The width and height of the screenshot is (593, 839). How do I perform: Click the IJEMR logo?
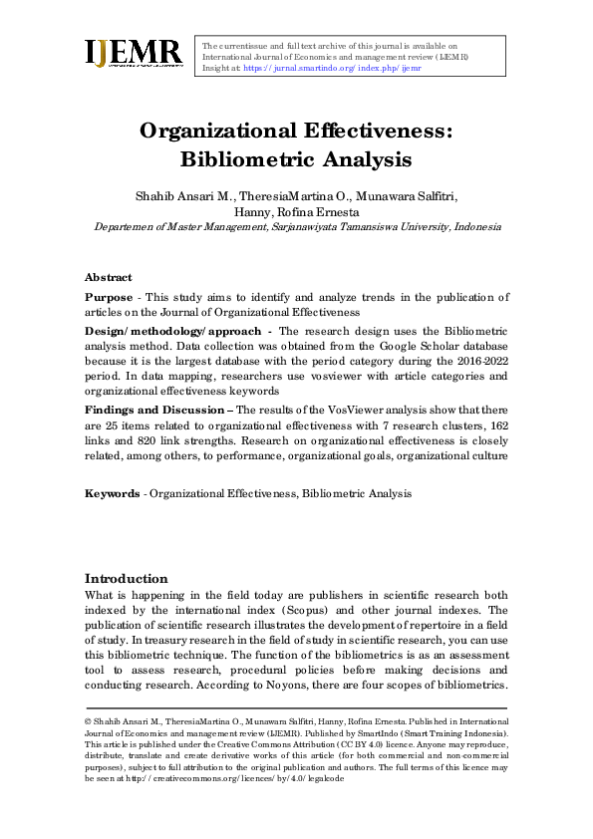(134, 54)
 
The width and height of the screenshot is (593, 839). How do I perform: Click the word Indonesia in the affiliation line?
(476, 226)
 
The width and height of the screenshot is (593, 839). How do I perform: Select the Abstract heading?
(108, 277)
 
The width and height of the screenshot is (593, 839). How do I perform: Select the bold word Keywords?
(111, 493)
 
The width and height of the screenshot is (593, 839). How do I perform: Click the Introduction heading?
(126, 579)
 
